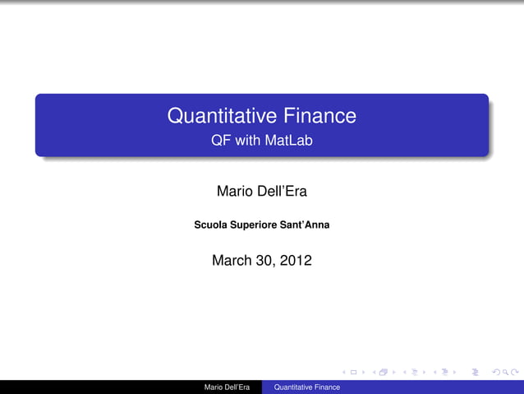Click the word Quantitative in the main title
pyautogui.click(x=219, y=116)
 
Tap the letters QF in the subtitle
pyautogui.click(x=220, y=141)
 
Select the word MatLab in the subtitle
pyautogui.click(x=289, y=141)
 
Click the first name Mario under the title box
pyautogui.click(x=235, y=192)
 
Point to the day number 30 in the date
pyautogui.click(x=267, y=261)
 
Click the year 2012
pyautogui.click(x=296, y=261)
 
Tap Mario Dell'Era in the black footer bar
pyautogui.click(x=227, y=387)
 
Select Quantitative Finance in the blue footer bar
pyautogui.click(x=306, y=387)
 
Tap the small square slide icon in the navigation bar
pyautogui.click(x=353, y=372)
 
